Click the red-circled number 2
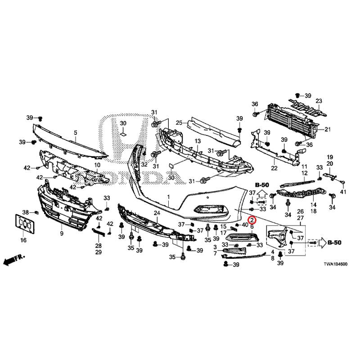[252, 220]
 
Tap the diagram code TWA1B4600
[335, 264]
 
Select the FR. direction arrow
[14, 260]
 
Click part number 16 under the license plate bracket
[23, 240]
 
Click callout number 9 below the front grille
[62, 234]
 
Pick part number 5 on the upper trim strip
[76, 132]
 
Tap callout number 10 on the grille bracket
[97, 165]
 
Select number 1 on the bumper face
[169, 197]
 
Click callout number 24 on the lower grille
[157, 213]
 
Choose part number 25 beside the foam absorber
[179, 123]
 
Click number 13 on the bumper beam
[198, 141]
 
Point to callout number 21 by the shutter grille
[328, 130]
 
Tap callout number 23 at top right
[319, 101]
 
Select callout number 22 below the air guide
[274, 168]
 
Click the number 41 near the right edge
[343, 192]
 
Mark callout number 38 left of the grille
[26, 212]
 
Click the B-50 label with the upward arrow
[262, 185]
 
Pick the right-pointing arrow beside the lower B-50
[323, 243]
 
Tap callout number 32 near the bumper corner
[144, 164]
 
